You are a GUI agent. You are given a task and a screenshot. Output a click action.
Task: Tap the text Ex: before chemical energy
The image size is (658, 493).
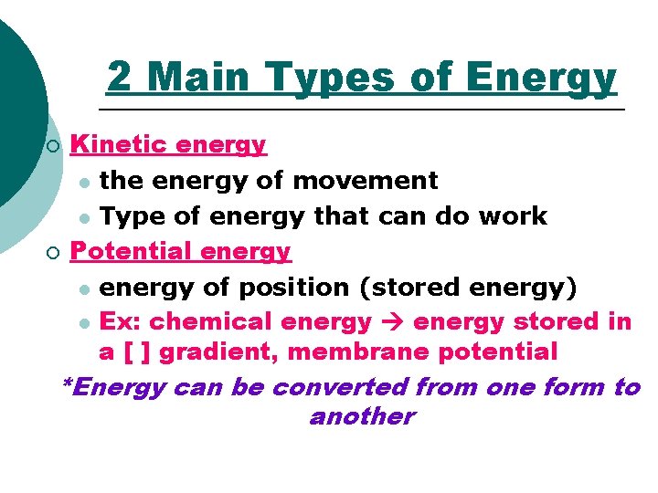122,321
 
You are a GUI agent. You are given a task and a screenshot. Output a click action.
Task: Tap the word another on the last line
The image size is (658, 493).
361,417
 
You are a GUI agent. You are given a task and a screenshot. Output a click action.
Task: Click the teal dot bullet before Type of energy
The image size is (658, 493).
84,217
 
